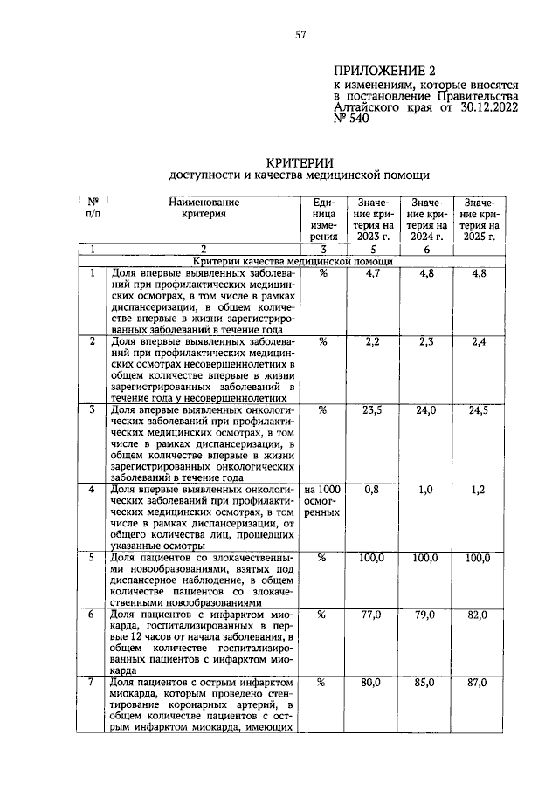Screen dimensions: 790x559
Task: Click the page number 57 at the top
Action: point(300,35)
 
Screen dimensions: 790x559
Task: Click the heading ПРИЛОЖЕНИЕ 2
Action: point(384,72)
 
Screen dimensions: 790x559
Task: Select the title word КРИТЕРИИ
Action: point(300,161)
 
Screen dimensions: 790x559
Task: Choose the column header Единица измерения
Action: point(322,218)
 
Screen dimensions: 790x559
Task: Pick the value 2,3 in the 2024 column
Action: point(425,343)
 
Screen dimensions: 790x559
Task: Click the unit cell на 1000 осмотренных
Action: point(322,501)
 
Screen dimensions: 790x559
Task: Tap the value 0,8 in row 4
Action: point(371,490)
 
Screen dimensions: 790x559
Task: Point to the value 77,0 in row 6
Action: point(371,615)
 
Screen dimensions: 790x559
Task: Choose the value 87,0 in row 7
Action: point(478,684)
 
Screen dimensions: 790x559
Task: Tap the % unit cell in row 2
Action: point(322,343)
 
